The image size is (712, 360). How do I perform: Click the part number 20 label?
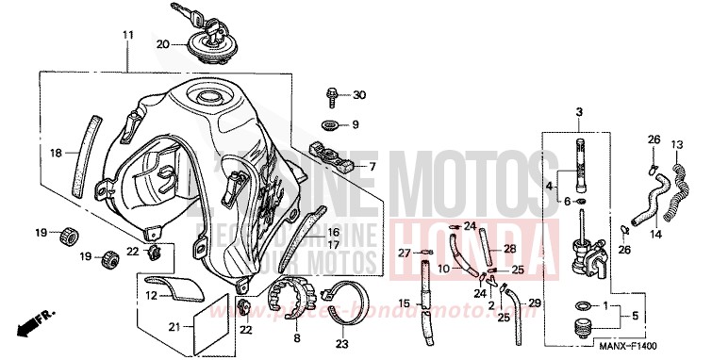[162, 44]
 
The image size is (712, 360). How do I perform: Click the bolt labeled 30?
[334, 95]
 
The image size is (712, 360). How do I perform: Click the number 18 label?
[55, 151]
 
